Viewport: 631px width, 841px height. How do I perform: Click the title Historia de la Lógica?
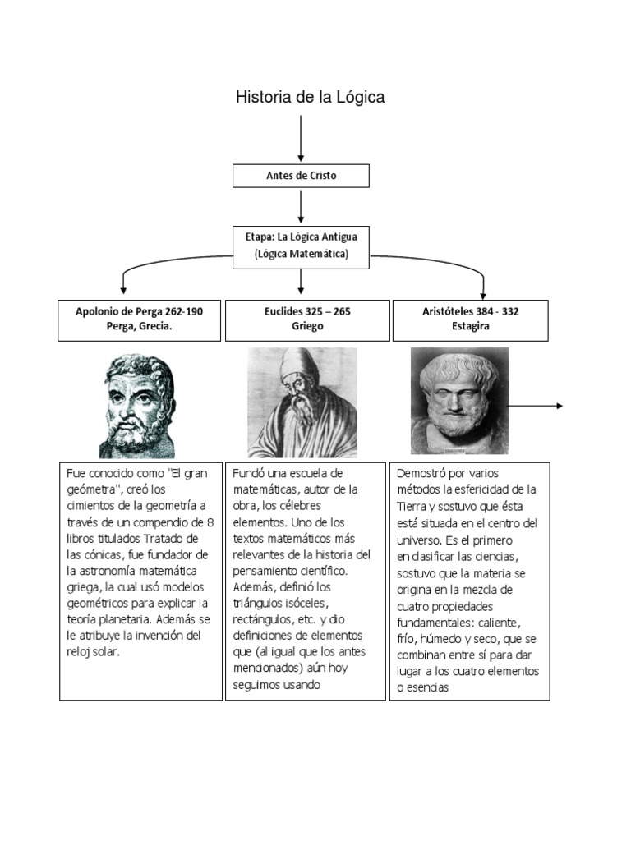coord(310,98)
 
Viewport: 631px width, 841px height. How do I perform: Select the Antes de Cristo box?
coord(301,176)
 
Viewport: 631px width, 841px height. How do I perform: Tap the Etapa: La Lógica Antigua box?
coord(301,245)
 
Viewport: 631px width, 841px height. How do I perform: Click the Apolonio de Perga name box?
coord(139,319)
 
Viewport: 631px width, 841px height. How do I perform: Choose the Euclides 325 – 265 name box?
coord(307,319)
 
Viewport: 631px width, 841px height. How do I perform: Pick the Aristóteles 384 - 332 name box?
coord(471,319)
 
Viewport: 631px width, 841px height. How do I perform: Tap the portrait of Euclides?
coord(302,402)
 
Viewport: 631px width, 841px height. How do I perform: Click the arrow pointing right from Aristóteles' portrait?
coord(537,406)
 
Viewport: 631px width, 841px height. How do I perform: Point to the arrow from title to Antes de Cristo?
coord(302,138)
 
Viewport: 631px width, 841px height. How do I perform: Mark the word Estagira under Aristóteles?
coord(471,327)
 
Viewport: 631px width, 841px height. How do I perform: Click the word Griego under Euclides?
coord(307,327)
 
